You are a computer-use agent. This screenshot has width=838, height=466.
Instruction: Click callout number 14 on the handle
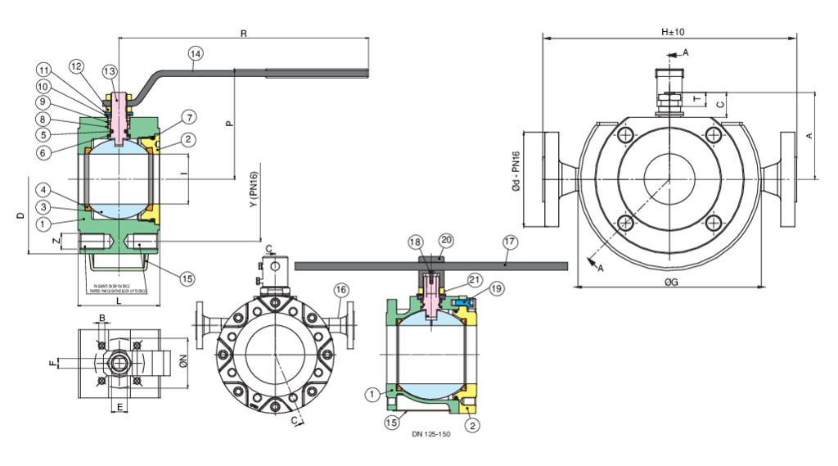[x=195, y=54]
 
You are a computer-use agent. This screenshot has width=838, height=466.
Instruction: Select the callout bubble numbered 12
[x=76, y=66]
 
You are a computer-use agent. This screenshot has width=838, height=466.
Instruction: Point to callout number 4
[x=41, y=190]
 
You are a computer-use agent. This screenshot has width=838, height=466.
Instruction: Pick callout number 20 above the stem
[x=446, y=240]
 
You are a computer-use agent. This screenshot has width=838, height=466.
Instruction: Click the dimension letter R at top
[x=243, y=34]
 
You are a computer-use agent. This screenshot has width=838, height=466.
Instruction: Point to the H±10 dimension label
[x=672, y=32]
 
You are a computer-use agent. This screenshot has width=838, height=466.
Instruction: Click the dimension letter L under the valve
[x=119, y=301]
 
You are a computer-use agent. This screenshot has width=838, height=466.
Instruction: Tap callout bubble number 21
[x=475, y=279]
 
